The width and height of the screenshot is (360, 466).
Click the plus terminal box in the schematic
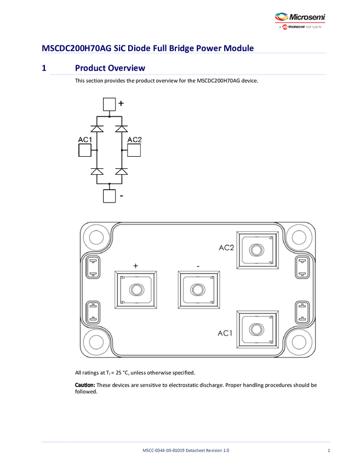(x=110, y=104)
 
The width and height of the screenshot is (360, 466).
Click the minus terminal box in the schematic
(x=110, y=195)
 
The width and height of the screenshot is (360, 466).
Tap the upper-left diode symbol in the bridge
(x=98, y=128)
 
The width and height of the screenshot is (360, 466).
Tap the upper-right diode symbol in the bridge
(x=122, y=128)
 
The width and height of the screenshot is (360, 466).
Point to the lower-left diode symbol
(x=98, y=172)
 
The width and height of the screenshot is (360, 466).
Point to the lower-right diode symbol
(x=122, y=172)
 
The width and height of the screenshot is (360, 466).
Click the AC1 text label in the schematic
(x=85, y=140)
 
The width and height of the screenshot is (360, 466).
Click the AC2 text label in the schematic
(x=135, y=140)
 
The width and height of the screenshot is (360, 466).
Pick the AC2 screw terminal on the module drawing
(x=255, y=250)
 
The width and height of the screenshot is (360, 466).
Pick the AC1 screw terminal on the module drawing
(x=255, y=329)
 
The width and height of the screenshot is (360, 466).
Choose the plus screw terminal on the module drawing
(x=135, y=289)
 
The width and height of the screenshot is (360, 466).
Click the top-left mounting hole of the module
(x=96, y=237)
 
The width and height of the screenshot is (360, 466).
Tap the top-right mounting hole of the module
(x=299, y=237)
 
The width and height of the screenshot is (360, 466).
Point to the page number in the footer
(x=328, y=450)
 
